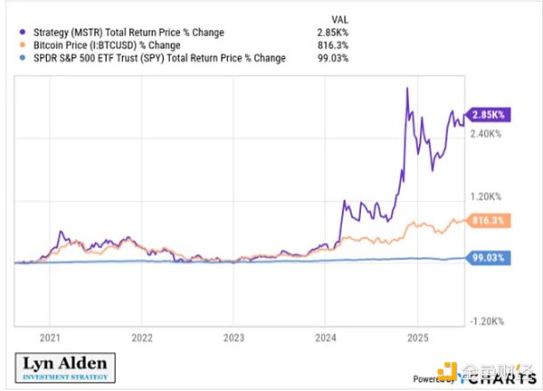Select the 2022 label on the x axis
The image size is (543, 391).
(x=142, y=335)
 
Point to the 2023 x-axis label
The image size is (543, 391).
(x=233, y=335)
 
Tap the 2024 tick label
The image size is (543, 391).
(x=326, y=335)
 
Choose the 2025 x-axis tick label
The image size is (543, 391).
(x=418, y=335)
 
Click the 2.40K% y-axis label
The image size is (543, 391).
(x=487, y=133)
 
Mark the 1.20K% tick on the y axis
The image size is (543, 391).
(x=487, y=196)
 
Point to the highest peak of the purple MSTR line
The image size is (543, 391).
(x=408, y=87)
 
